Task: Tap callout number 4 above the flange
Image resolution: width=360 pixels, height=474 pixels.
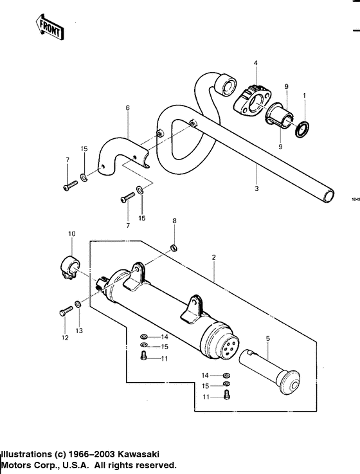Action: click(x=255, y=63)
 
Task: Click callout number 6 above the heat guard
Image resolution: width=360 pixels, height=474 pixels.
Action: click(x=127, y=107)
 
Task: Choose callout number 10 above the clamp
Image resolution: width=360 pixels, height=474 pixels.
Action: click(x=71, y=233)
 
